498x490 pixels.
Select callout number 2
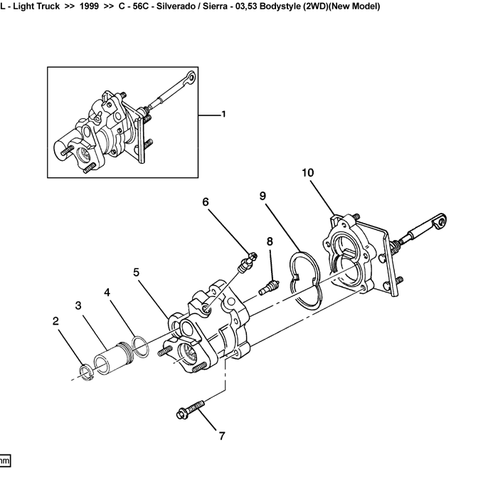(55, 320)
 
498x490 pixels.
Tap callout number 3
(79, 306)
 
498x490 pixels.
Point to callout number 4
(107, 292)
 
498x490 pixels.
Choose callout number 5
(136, 272)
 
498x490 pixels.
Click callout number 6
(206, 202)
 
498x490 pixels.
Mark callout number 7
(221, 436)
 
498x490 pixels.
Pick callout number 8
(270, 241)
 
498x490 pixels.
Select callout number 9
(263, 195)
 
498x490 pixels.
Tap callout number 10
(307, 172)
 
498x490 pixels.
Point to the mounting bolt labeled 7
(189, 409)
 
